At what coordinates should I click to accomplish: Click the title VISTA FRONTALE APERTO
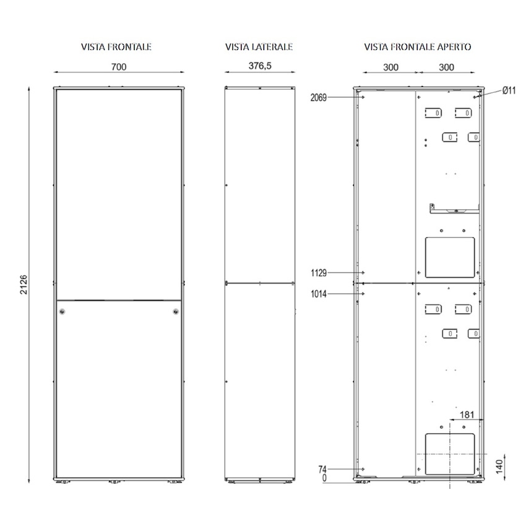click(418, 46)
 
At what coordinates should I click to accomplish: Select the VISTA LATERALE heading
click(259, 46)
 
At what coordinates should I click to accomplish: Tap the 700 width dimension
click(119, 66)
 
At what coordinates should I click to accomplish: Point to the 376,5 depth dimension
click(259, 66)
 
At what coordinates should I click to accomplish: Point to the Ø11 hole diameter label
click(509, 90)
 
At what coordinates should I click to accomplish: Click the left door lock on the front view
click(61, 312)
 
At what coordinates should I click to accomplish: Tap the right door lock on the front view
click(176, 312)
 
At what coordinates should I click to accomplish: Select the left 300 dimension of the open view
click(390, 66)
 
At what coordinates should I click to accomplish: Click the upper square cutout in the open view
click(449, 257)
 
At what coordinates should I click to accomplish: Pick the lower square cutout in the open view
click(450, 454)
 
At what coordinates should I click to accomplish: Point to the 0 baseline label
click(323, 478)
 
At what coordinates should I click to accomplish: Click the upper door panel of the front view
click(119, 186)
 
